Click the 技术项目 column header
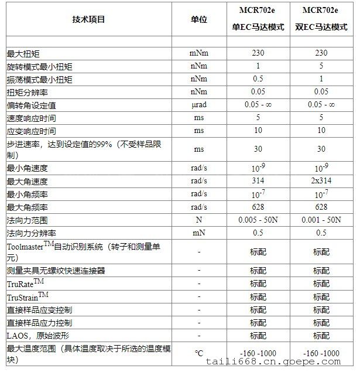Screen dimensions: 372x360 pos(88,19)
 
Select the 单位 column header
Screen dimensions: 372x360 pos(198,19)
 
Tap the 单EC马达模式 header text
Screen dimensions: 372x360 pos(258,28)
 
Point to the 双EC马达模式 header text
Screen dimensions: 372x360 pos(321,28)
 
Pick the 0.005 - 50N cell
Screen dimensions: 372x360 pos(258,220)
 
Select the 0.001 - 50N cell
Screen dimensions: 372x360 pos(321,220)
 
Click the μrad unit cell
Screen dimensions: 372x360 pos(198,105)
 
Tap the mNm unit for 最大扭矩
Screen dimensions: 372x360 pos(198,53)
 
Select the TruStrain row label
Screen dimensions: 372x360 pos(28,296)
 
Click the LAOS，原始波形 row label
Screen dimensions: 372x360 pos(38,336)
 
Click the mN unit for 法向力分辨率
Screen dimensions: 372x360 pos(198,233)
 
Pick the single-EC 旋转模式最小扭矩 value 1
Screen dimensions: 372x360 pos(258,66)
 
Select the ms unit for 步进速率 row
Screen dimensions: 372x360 pos(198,149)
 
